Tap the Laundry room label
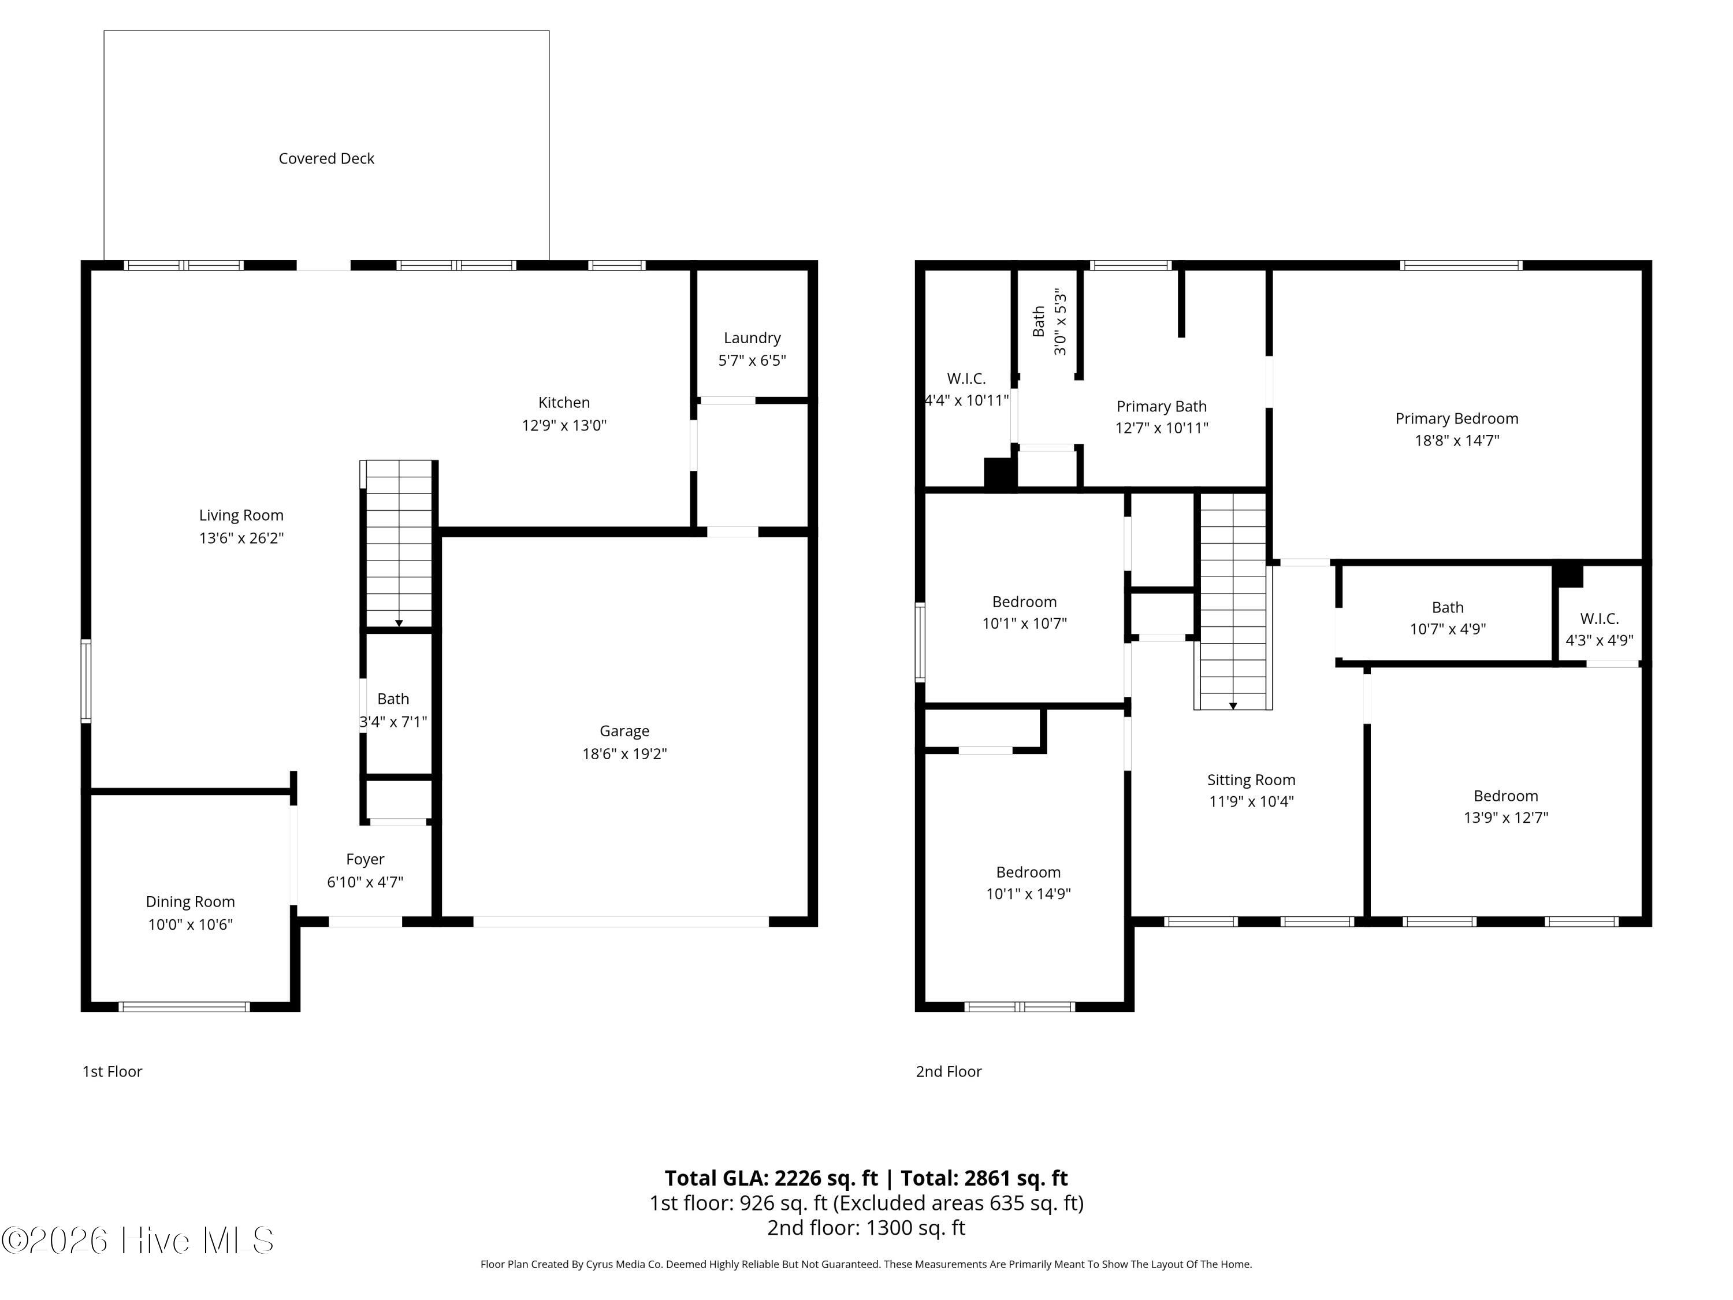click(x=752, y=338)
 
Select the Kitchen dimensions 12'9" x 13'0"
click(x=563, y=425)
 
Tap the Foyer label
click(x=365, y=859)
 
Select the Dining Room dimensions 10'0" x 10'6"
click(x=191, y=924)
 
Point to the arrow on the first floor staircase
click(x=399, y=623)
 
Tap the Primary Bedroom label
click(x=1456, y=418)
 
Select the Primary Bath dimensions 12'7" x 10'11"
click(x=1161, y=428)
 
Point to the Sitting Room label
click(x=1251, y=779)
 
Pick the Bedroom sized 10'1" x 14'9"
click(x=1028, y=872)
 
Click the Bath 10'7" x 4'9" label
click(x=1447, y=607)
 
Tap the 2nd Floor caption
click(x=948, y=1071)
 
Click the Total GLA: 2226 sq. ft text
click(x=771, y=1178)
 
